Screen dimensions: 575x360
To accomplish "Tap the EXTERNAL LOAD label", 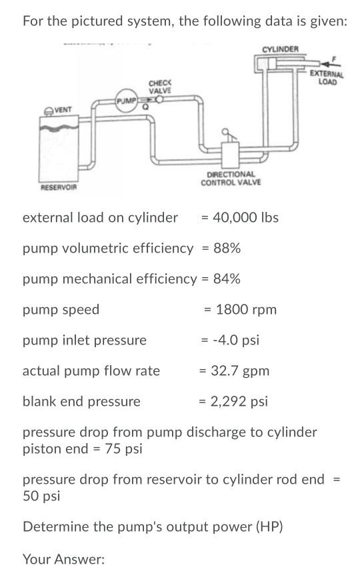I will coord(327,78).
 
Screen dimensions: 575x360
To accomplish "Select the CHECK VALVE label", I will coord(160,87).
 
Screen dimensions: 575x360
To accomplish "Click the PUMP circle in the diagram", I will coord(126,101).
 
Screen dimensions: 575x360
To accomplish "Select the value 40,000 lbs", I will coord(245,217).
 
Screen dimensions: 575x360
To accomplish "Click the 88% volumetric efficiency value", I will coord(227,249).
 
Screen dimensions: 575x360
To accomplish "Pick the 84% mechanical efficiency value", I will coord(227,279).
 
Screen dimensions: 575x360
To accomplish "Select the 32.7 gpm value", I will coord(239,370).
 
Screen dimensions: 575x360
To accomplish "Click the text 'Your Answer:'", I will coord(64,559).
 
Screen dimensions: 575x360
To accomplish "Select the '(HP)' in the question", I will coord(269,527).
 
